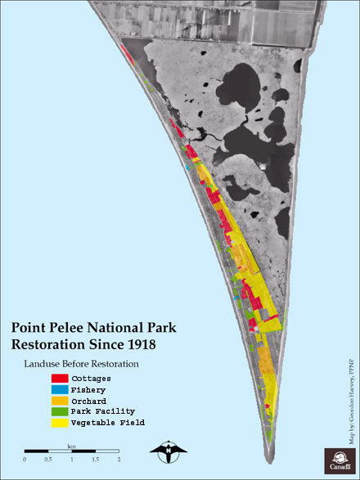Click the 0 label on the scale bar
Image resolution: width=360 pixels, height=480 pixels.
25,460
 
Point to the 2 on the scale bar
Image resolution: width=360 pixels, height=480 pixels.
119,460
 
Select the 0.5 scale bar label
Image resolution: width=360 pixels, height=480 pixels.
47,460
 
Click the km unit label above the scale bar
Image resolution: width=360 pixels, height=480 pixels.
72,446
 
